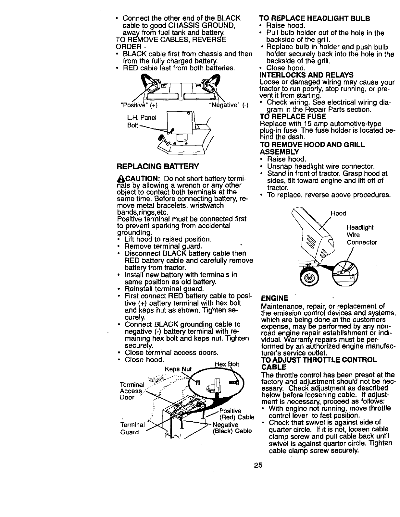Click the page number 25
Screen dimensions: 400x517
point(258,465)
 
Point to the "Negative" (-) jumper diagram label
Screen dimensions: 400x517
point(229,105)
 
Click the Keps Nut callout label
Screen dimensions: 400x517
point(179,369)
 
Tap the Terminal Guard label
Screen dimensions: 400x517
point(132,428)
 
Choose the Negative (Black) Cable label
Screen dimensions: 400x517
point(232,428)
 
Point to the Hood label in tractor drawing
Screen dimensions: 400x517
point(338,213)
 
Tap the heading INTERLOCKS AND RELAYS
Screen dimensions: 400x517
point(306,75)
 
